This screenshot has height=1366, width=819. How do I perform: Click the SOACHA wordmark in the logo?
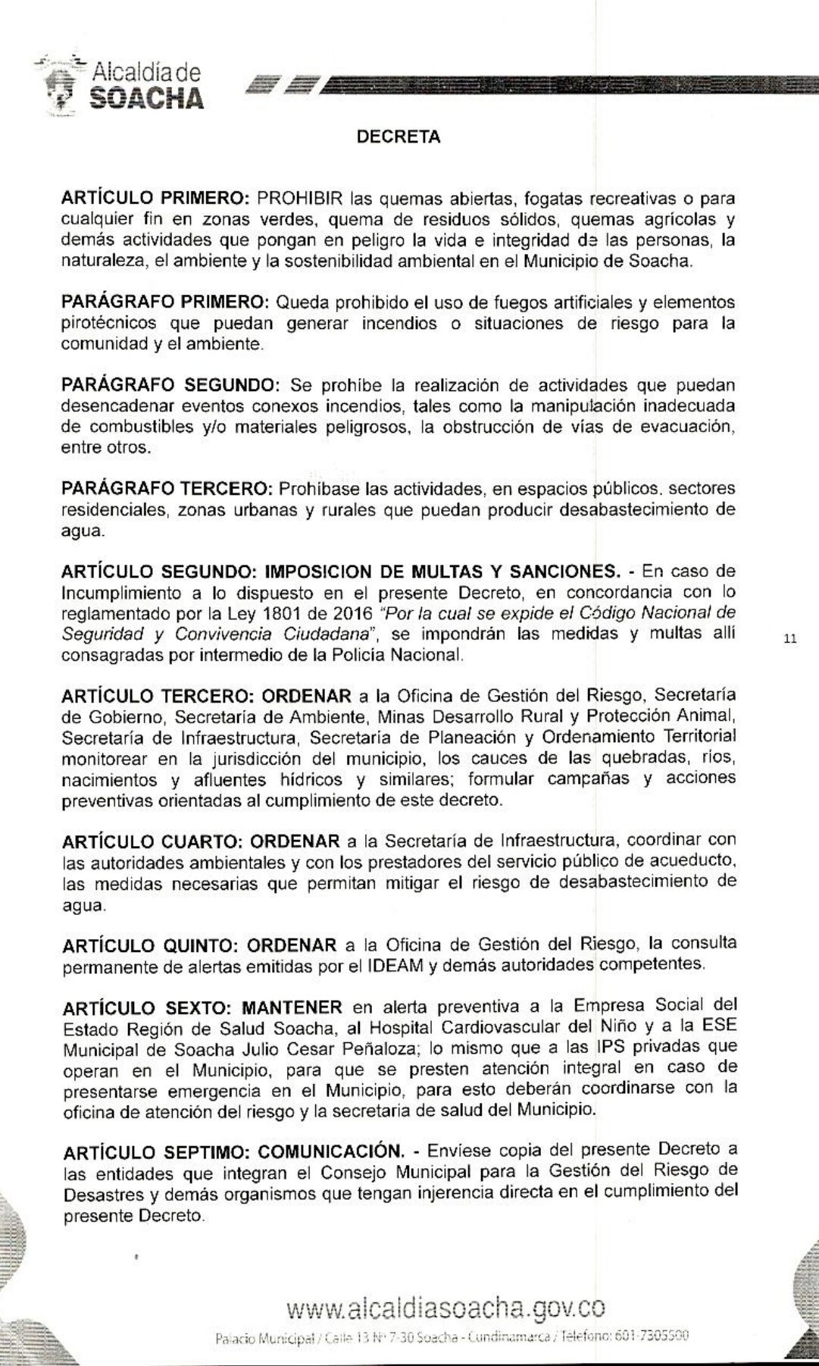point(146,98)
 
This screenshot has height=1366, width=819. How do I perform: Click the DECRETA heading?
point(399,137)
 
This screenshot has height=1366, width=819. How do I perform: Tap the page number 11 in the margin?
point(790,639)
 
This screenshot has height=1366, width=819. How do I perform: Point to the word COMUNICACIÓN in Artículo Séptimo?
point(329,1151)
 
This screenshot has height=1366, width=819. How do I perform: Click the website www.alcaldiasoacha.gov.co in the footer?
point(445,1308)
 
